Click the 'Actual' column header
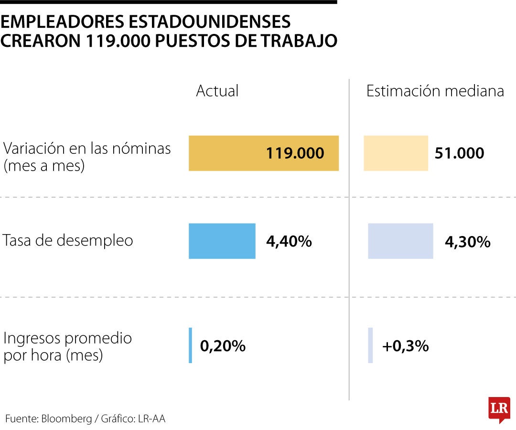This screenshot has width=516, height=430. click(217, 91)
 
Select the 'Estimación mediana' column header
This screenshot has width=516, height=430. click(435, 91)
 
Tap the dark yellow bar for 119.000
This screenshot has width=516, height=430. click(225, 153)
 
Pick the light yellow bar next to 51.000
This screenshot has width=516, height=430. click(396, 153)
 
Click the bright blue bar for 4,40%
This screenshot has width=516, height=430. click(222, 241)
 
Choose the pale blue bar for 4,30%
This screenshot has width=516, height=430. click(400, 241)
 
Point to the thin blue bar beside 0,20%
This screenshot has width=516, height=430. click(190, 345)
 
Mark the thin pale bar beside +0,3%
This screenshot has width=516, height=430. click(370, 345)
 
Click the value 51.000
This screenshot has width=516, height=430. click(459, 153)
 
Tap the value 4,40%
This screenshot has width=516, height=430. click(289, 241)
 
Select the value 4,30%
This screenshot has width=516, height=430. click(467, 242)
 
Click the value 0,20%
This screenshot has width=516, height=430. click(223, 346)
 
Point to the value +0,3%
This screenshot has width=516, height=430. click(405, 346)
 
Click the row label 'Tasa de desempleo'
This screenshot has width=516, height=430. click(68, 240)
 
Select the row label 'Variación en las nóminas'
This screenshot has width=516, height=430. click(87, 149)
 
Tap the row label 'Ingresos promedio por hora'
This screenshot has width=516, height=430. click(67, 346)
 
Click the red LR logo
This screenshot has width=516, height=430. click(499, 409)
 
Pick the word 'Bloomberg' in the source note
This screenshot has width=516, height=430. click(66, 419)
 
